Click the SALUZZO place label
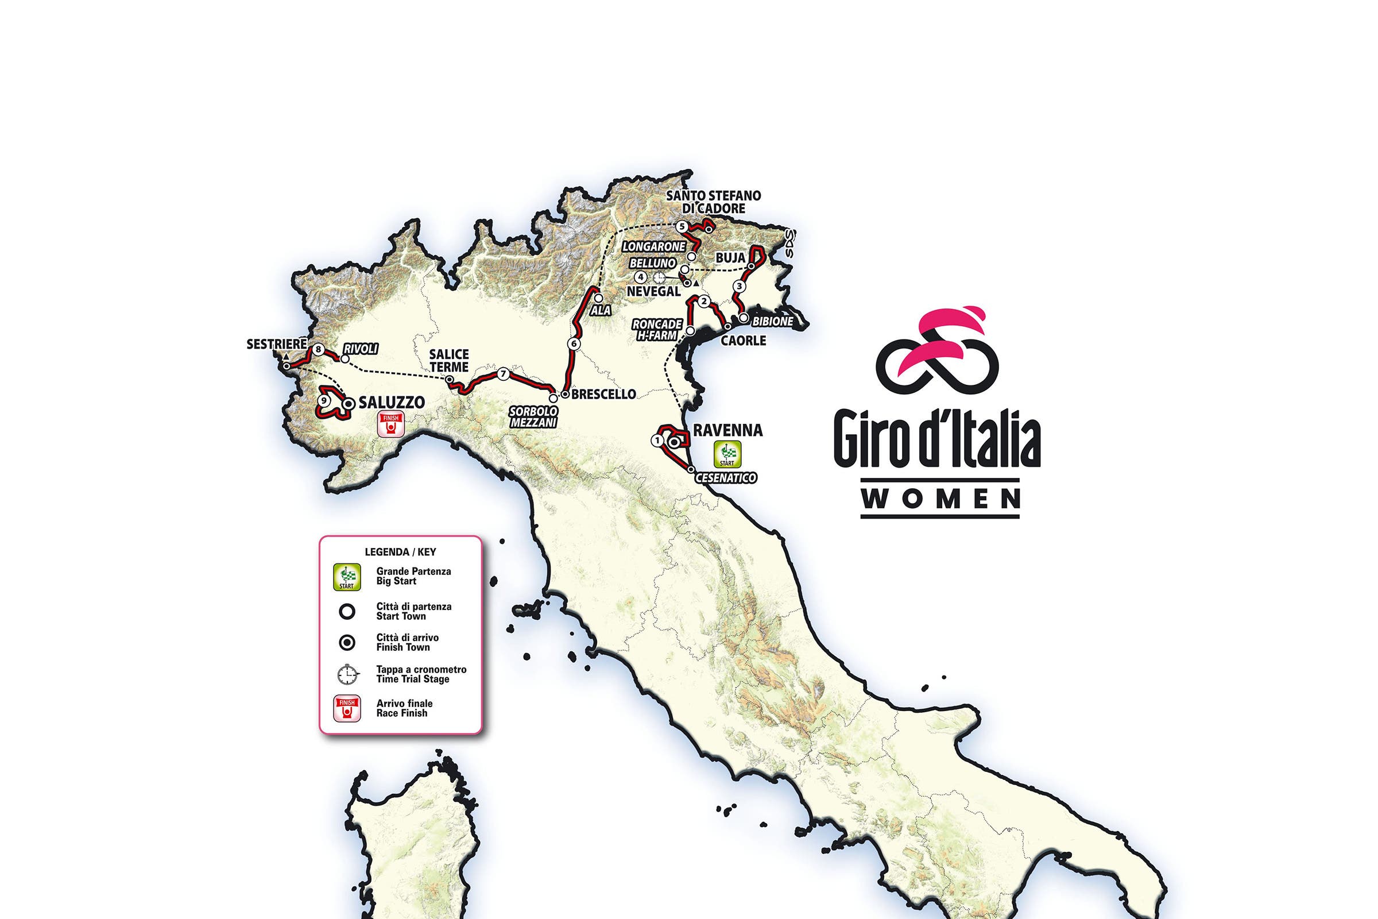(391, 403)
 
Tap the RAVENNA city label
(727, 430)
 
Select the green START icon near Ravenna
(727, 454)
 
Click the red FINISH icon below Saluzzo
(391, 425)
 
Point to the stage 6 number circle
(574, 343)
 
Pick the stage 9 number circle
(323, 401)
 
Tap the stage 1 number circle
(657, 439)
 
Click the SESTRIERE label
(277, 345)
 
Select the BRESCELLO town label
(603, 395)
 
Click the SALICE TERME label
(449, 361)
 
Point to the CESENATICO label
(725, 478)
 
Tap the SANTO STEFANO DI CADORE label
(713, 202)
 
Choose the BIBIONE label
(772, 322)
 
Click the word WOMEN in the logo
(941, 499)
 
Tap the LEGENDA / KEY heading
(400, 551)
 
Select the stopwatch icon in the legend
(347, 674)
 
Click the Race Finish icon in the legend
(347, 708)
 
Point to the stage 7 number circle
(503, 374)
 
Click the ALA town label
(601, 311)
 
